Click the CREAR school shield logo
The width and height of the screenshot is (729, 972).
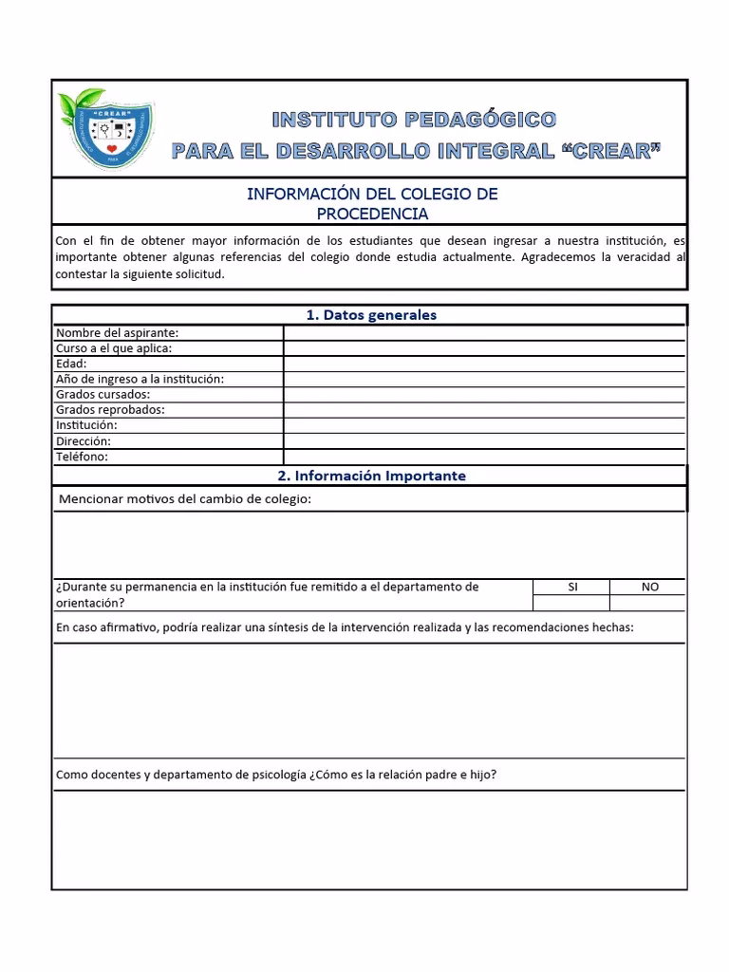click(x=106, y=130)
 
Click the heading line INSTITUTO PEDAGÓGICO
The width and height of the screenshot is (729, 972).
click(x=414, y=120)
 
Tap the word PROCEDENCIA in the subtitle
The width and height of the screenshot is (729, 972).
click(x=372, y=214)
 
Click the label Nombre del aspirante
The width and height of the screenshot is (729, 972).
click(x=118, y=332)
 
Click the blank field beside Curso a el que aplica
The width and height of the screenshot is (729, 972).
click(x=484, y=348)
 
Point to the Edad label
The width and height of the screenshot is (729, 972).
click(x=71, y=364)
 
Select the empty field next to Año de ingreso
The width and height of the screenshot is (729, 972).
click(x=484, y=379)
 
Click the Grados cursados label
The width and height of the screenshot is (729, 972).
click(x=103, y=394)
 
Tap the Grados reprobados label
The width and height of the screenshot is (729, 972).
click(x=110, y=410)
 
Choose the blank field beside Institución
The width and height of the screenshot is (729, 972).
click(x=484, y=425)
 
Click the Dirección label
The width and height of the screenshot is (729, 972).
click(x=84, y=441)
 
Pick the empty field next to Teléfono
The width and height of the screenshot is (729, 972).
click(x=484, y=457)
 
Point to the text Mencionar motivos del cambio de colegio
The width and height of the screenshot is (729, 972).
click(x=185, y=499)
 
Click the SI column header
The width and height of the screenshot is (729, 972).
click(x=571, y=587)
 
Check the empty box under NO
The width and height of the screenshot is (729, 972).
click(x=649, y=603)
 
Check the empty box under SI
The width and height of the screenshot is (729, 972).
click(x=571, y=603)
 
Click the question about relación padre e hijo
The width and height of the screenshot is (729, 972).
click(x=276, y=775)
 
